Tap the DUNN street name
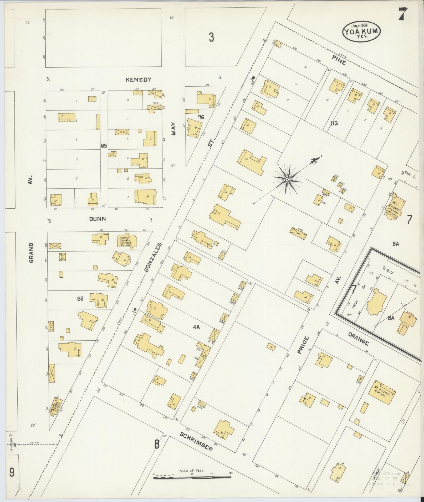[x=98, y=219]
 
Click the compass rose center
[x=288, y=179]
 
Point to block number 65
[x=104, y=146]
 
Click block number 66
[x=80, y=298]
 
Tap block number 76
[x=201, y=117]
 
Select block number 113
[x=334, y=123]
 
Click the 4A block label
[x=197, y=327]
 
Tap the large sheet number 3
[x=211, y=38]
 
